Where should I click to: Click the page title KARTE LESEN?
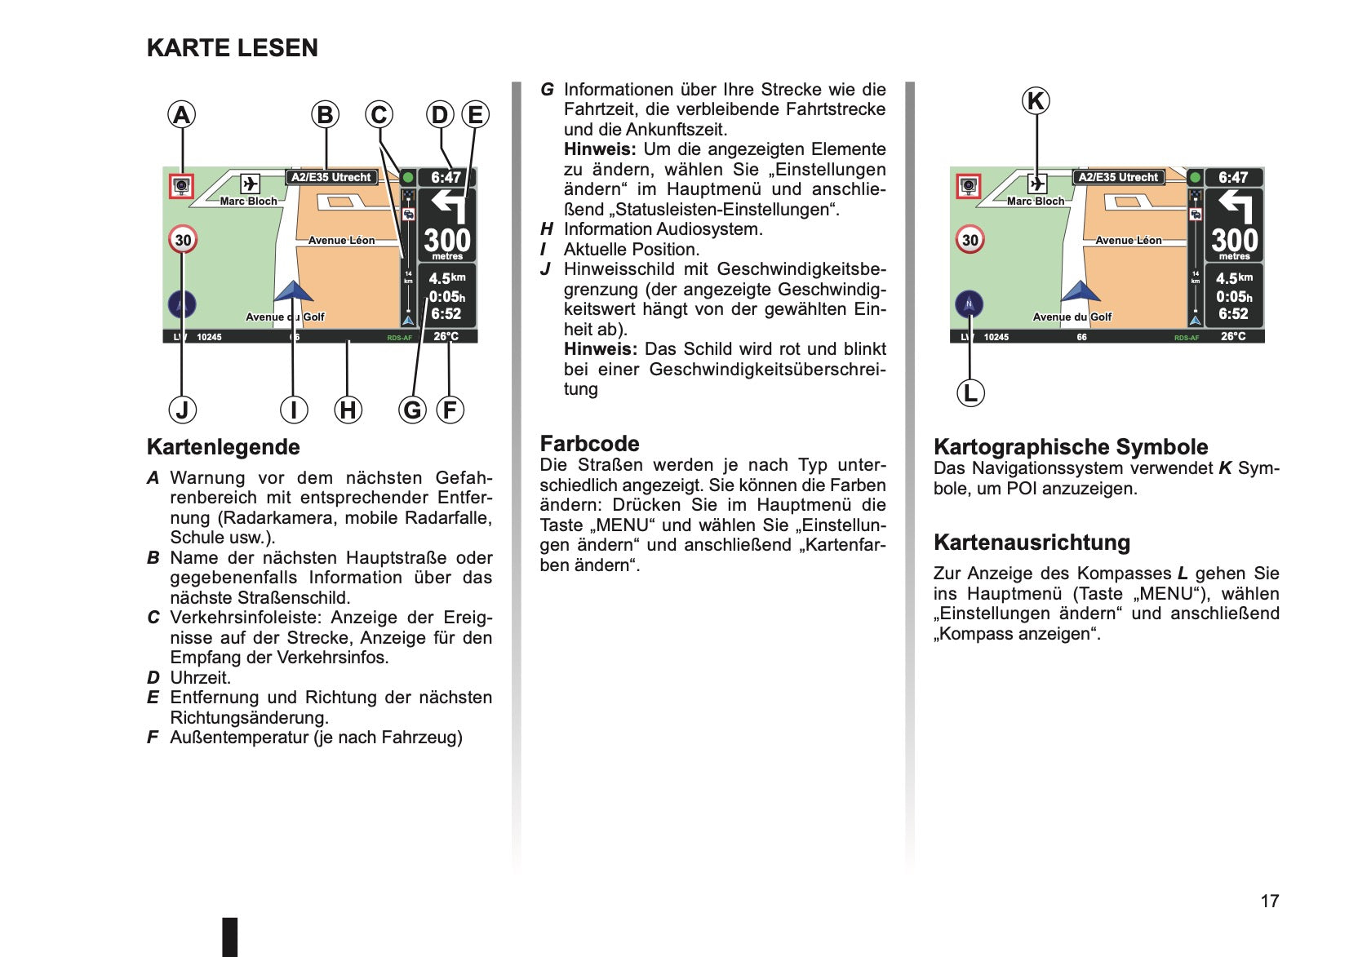pyautogui.click(x=233, y=48)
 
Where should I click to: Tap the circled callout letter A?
pyautogui.click(x=181, y=114)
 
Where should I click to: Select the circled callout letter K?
pyautogui.click(x=1036, y=100)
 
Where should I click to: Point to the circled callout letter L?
pyautogui.click(x=970, y=393)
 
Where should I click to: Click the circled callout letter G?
pyautogui.click(x=412, y=410)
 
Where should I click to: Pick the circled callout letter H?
pyautogui.click(x=348, y=410)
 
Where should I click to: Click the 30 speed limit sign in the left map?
pyautogui.click(x=183, y=240)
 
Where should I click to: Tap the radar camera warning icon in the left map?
pyautogui.click(x=180, y=186)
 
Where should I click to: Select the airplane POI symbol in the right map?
pyautogui.click(x=1037, y=183)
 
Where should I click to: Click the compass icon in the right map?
pyautogui.click(x=969, y=304)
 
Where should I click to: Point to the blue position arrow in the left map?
pyautogui.click(x=293, y=291)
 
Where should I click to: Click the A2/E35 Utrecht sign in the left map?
pyautogui.click(x=331, y=177)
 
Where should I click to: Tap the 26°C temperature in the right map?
pyautogui.click(x=1233, y=336)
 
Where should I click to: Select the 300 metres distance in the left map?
pyautogui.click(x=447, y=243)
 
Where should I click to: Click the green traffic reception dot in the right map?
pyautogui.click(x=1195, y=178)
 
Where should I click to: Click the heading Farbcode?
pyautogui.click(x=589, y=444)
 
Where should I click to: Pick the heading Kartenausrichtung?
pyautogui.click(x=1032, y=543)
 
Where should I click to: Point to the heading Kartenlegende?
pyautogui.click(x=224, y=447)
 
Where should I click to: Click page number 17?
pyautogui.click(x=1270, y=901)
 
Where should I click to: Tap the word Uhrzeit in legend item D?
pyautogui.click(x=200, y=678)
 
